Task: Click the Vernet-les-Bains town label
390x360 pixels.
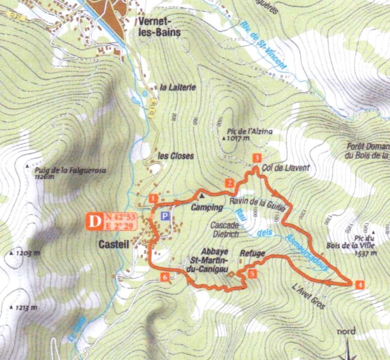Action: pos(160,27)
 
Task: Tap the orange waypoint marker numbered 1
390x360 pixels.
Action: pos(153,198)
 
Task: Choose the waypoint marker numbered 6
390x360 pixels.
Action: pos(165,277)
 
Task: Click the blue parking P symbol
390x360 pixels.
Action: pos(165,216)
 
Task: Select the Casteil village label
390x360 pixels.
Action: pos(113,245)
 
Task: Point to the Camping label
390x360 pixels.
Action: pos(206,208)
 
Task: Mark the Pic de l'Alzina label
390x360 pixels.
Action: pos(250,131)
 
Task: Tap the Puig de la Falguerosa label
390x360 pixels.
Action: pos(70,171)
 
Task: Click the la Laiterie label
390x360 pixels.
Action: pos(177,87)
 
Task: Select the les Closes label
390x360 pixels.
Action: pos(176,156)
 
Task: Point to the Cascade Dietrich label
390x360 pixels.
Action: pos(225,230)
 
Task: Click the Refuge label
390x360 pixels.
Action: pos(252,253)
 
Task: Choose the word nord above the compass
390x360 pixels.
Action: pos(346,331)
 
